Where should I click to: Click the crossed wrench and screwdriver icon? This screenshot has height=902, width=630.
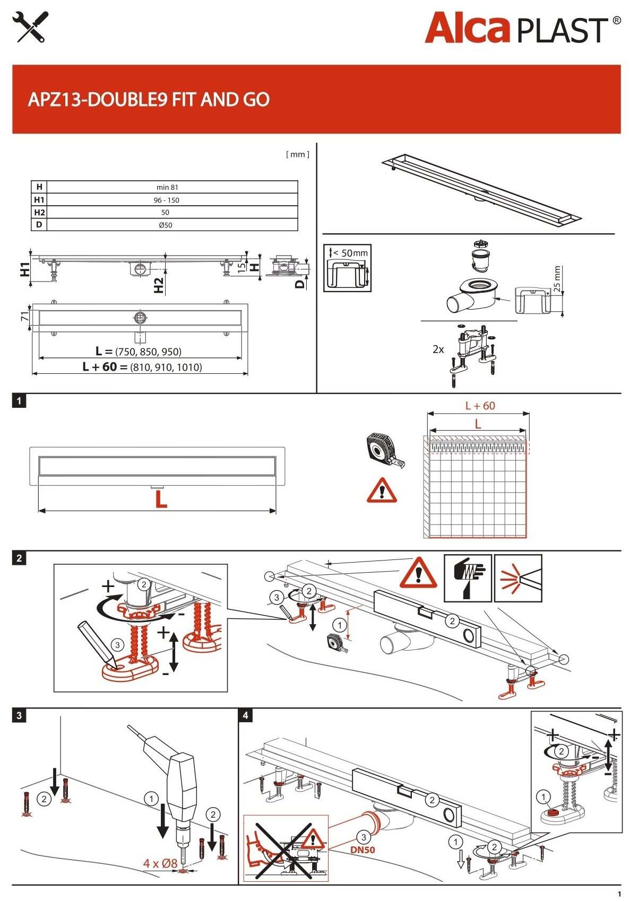30,27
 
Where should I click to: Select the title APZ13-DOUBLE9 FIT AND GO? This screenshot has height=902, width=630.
149,99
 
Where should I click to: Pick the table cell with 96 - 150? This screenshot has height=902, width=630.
167,200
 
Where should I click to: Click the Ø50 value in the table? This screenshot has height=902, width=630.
166,225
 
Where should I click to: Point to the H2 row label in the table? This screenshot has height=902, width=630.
39,212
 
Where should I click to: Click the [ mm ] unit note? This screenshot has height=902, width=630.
297,154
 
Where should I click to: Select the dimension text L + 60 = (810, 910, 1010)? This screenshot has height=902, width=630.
142,367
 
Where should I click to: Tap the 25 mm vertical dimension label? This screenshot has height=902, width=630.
557,278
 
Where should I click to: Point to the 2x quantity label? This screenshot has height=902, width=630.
438,349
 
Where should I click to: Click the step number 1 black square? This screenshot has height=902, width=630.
19,401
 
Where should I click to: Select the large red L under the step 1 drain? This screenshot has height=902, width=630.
161,500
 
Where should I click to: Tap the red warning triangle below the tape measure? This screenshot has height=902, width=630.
382,491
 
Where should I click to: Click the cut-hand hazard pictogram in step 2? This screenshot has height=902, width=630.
467,577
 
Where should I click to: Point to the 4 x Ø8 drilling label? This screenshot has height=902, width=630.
160,863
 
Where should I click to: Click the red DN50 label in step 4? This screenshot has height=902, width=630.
363,850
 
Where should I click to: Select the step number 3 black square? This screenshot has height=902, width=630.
19,715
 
